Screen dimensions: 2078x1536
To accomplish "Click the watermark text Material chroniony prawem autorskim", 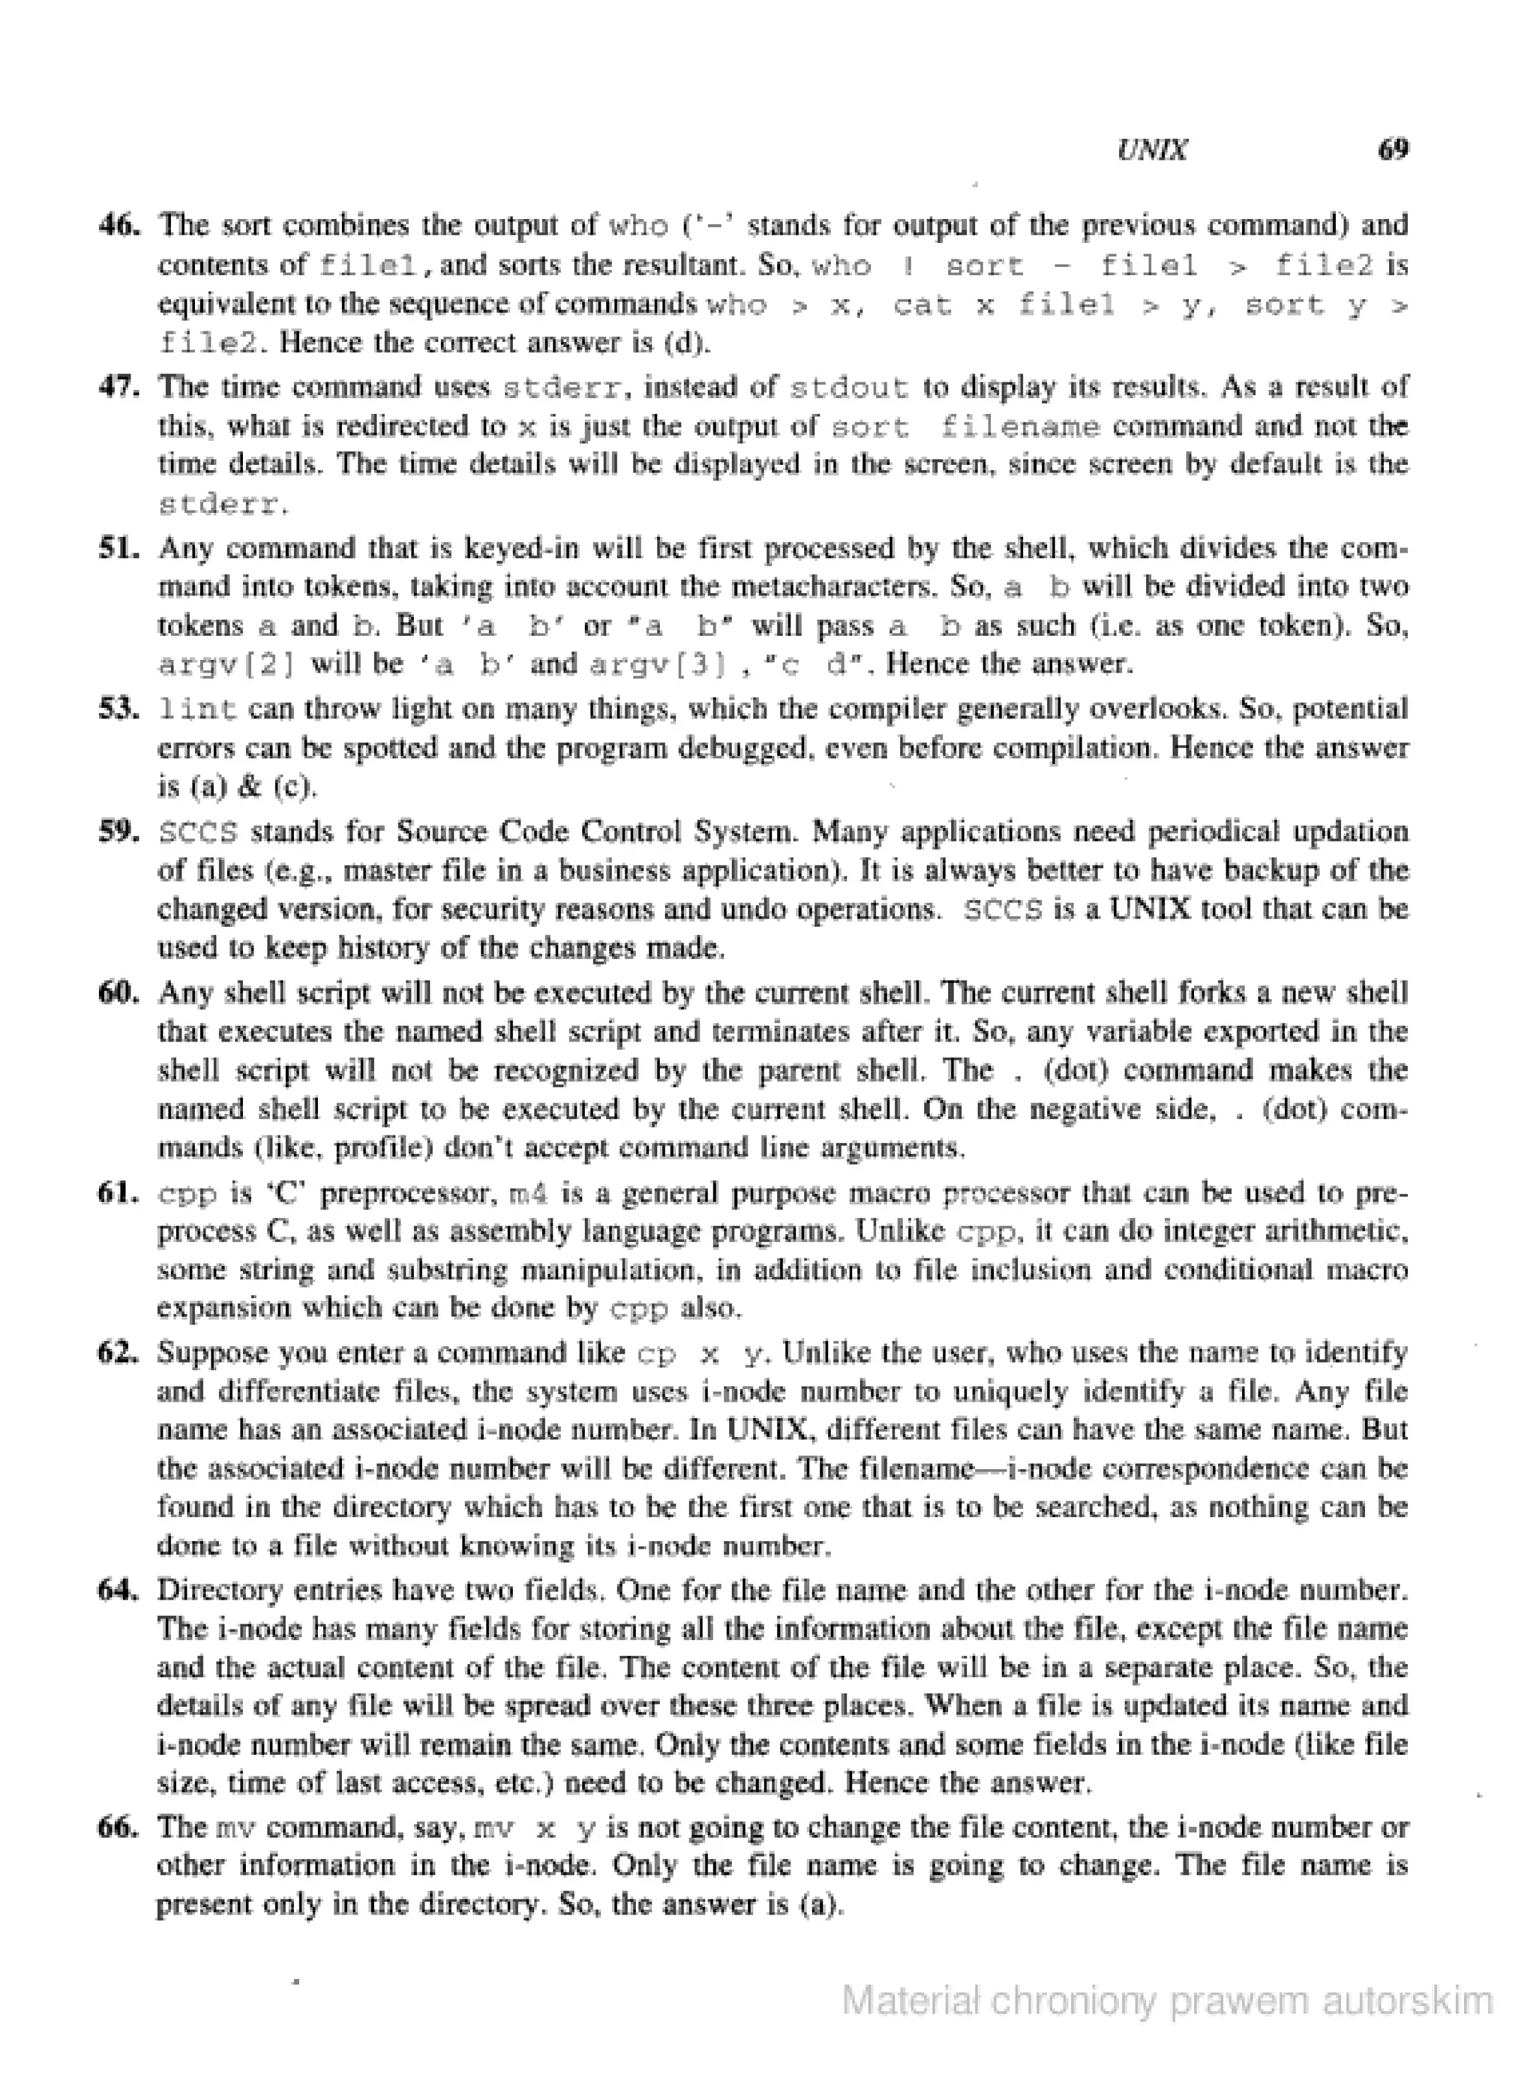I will tap(1167, 2000).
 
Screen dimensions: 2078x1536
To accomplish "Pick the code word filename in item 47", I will tap(1020, 427).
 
